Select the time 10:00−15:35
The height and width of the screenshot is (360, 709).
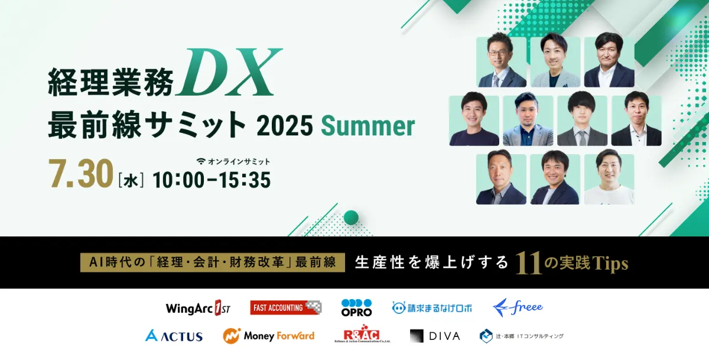[x=212, y=179]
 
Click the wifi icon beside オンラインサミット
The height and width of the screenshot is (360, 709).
[x=201, y=161]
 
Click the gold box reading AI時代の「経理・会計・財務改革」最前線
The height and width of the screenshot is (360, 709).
[x=212, y=263]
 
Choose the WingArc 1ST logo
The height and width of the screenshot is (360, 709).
[x=198, y=308]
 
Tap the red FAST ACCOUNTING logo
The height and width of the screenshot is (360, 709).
[x=285, y=307]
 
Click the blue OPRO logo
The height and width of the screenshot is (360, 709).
[x=356, y=308]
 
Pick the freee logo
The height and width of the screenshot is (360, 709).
[x=518, y=307]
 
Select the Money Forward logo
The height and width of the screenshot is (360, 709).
[x=268, y=336]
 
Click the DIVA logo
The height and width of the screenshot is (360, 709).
[x=435, y=336]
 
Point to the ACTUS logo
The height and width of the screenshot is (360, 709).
[x=174, y=336]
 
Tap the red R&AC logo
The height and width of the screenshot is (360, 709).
[x=361, y=335]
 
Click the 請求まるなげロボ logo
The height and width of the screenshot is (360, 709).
[x=432, y=308]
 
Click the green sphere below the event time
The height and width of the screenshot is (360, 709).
[x=351, y=218]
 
